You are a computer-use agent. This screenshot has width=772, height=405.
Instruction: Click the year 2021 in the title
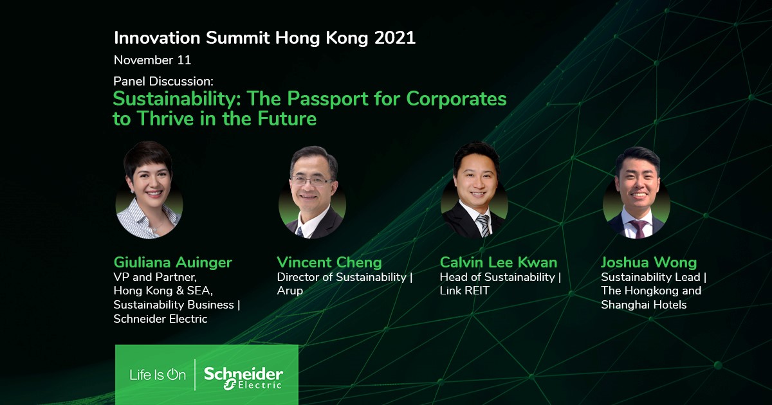[395, 38]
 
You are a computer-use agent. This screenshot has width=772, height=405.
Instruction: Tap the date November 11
[152, 60]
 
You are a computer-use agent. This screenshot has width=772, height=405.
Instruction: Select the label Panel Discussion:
[163, 81]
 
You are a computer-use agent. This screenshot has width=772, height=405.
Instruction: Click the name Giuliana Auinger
[172, 263]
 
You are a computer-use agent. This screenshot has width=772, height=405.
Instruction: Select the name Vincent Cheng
[329, 263]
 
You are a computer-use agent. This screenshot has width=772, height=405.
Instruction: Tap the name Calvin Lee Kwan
[499, 263]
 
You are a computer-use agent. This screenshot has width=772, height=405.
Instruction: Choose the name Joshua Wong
[648, 263]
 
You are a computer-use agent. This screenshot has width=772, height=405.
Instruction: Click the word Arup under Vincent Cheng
[290, 291]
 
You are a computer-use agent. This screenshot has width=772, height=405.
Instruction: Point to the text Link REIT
[464, 291]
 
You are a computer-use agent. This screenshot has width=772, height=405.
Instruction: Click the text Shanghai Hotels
[644, 305]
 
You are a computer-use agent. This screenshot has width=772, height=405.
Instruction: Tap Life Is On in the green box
[158, 375]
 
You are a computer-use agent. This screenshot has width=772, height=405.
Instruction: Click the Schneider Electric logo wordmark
[243, 378]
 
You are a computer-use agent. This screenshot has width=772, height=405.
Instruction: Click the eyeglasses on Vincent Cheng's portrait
[312, 181]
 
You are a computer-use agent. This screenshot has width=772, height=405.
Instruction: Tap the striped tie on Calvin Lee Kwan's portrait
[484, 225]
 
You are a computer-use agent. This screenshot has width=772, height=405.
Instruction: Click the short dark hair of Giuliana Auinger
[147, 156]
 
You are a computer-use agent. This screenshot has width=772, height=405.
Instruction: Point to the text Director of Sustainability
[342, 277]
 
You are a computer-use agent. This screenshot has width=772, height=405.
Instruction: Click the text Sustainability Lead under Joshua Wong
[650, 277]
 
